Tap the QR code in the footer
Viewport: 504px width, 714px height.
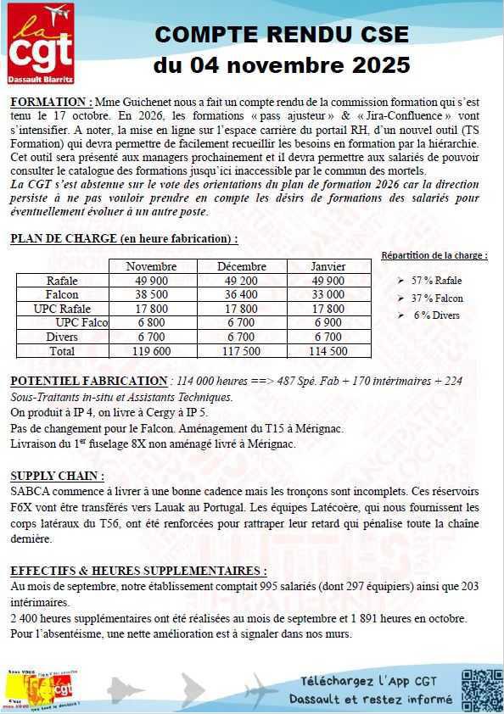[481, 688]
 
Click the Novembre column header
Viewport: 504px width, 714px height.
[151, 266]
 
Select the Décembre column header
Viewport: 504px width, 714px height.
[241, 266]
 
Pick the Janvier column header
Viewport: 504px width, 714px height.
[328, 266]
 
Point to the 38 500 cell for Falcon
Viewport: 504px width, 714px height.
[151, 294]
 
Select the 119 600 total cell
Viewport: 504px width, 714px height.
[151, 350]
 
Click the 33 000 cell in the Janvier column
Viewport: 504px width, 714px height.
[328, 294]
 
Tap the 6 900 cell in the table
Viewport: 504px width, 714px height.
[328, 322]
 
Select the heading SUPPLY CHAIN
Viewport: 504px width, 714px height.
[57, 476]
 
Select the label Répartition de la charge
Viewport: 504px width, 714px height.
[434, 255]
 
